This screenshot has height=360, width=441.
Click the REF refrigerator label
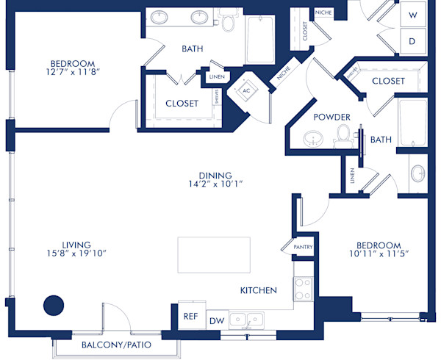[190, 317]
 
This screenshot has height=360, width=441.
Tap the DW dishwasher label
[216, 320]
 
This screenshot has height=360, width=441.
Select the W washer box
[413, 15]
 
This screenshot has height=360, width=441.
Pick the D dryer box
[413, 41]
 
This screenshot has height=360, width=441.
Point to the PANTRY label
[303, 248]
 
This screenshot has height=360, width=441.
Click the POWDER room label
[331, 118]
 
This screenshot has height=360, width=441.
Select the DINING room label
[214, 176]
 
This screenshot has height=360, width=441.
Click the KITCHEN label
[259, 291]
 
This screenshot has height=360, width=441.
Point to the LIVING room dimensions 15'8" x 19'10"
[76, 253]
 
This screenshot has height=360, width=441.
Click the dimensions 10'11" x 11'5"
[379, 253]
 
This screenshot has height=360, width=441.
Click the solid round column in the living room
[54, 305]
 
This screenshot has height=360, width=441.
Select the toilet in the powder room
[343, 134]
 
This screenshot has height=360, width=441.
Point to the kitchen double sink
[246, 320]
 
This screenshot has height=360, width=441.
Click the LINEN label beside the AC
[216, 76]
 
